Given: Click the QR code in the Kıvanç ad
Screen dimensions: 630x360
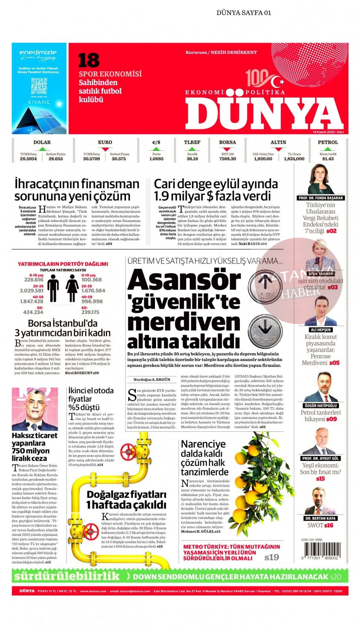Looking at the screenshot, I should pos(39,86).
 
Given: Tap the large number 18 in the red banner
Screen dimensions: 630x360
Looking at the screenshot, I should pos(89,60).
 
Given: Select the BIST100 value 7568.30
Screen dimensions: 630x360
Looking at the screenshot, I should pos(227,159).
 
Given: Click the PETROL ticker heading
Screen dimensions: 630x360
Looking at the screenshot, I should pos(328,142).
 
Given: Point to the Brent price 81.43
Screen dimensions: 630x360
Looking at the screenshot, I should pos(328,159).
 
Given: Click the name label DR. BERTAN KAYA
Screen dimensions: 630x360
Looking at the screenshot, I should pos(320,518).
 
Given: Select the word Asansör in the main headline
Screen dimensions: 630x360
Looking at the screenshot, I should pos(184,281).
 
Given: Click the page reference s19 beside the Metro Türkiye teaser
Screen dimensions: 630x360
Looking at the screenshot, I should pos(271,557).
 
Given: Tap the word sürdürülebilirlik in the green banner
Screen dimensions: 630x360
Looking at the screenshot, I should pos(67,576).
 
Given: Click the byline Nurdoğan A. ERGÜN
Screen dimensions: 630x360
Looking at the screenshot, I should pos(152,379).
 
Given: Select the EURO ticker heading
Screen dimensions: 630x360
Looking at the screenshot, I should pos(105,142).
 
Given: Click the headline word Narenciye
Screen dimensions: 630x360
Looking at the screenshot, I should pos(203,444).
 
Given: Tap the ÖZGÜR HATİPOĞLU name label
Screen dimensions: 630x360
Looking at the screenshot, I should pos(321,406).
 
